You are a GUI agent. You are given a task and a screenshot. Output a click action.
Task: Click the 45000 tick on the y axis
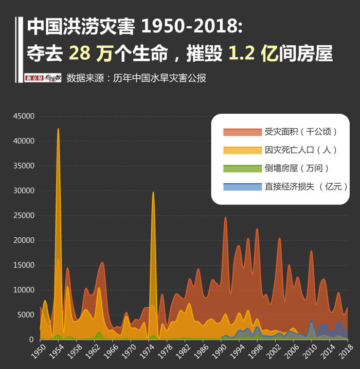click(x=24, y=116)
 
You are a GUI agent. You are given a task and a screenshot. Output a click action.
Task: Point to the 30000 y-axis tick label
click(x=24, y=191)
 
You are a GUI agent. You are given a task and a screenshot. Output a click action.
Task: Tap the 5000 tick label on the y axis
click(x=26, y=315)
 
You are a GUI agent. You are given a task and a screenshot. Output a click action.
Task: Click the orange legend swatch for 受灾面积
click(x=242, y=132)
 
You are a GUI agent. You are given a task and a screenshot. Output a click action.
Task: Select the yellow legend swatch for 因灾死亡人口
click(x=242, y=150)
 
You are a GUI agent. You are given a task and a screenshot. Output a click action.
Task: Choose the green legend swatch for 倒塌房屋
click(x=242, y=168)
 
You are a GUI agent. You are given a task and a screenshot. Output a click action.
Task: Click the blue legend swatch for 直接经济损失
click(x=242, y=186)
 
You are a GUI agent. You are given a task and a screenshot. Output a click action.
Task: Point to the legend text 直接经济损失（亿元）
click(x=306, y=186)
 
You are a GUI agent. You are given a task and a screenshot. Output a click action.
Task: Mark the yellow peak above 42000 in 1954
click(x=58, y=130)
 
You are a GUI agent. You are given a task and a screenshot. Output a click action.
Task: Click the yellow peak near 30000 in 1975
click(x=153, y=193)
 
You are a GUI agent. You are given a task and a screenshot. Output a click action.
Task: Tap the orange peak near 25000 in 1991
click(x=225, y=218)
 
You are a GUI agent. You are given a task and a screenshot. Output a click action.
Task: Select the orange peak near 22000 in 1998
click(x=257, y=230)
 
